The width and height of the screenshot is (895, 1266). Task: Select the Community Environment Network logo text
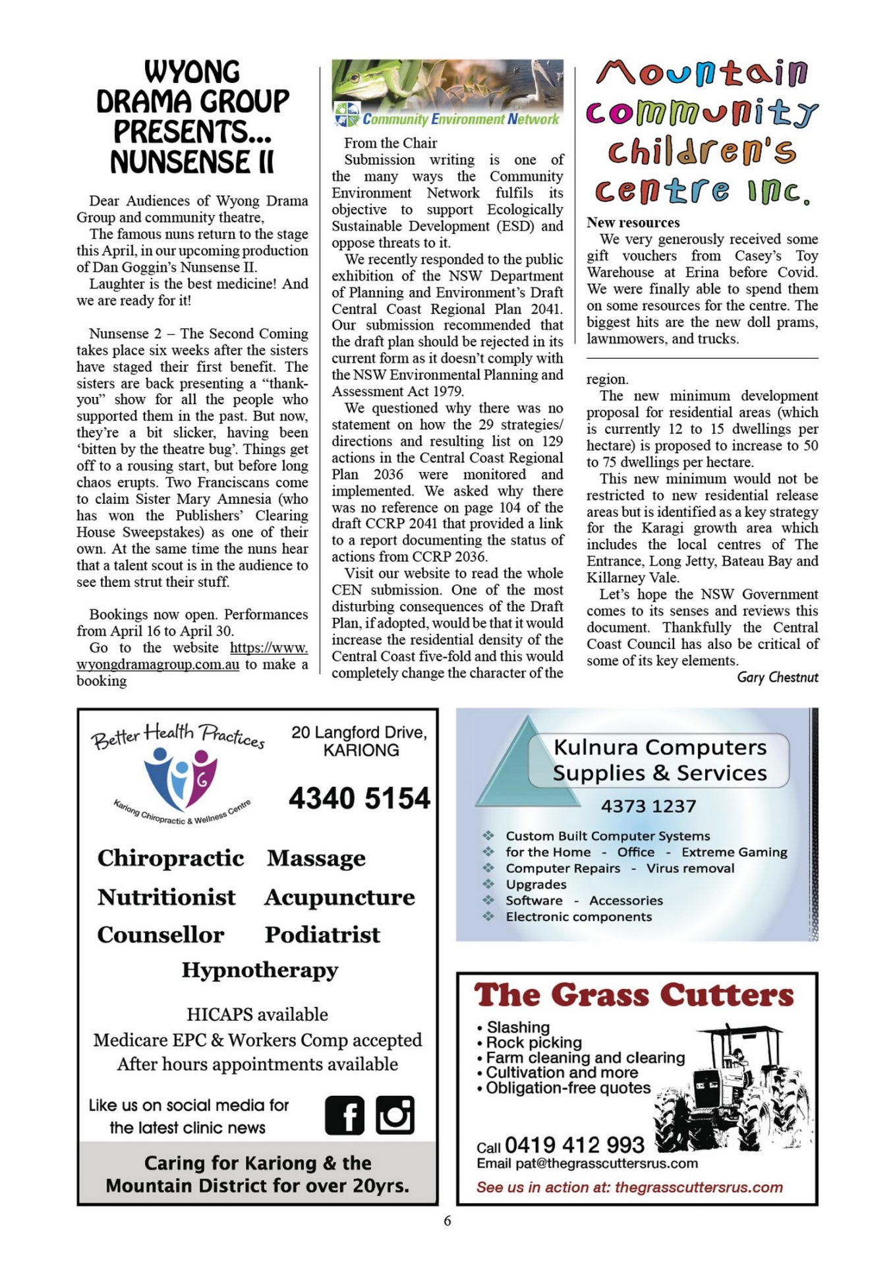[460, 119]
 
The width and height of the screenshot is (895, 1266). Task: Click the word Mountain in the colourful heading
[701, 73]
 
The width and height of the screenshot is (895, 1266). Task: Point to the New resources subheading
[633, 223]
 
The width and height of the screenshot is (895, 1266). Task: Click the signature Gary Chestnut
[777, 677]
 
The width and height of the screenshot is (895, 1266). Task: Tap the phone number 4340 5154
[359, 799]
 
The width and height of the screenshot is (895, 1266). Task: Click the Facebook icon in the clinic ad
[344, 1116]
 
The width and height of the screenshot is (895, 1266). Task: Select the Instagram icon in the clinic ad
[395, 1116]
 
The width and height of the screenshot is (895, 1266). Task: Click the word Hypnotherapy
[260, 971]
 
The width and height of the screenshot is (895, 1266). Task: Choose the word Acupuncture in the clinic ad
[339, 897]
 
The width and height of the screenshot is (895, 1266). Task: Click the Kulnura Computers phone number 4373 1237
[648, 806]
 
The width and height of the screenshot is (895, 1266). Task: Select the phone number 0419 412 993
[574, 1145]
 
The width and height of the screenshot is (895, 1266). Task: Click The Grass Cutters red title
[633, 996]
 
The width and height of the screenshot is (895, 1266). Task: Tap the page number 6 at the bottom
[447, 1221]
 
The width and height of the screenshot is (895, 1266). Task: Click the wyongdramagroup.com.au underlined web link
[158, 665]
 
